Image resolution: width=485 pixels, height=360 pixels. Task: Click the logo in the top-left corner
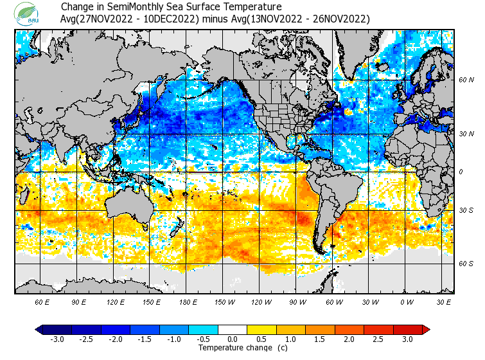pos(29,13)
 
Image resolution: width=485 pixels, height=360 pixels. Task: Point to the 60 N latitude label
pos(466,80)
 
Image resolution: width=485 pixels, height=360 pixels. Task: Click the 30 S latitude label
pos(466,210)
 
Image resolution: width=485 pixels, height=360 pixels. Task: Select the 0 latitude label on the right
pos(461,172)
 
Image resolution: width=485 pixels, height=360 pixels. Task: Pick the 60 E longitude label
pos(42,302)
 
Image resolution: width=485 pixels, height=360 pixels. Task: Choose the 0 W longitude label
pos(407,302)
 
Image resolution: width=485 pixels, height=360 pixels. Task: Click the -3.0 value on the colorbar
pos(57,339)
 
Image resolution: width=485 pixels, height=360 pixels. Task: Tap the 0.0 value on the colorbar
pos(233,339)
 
